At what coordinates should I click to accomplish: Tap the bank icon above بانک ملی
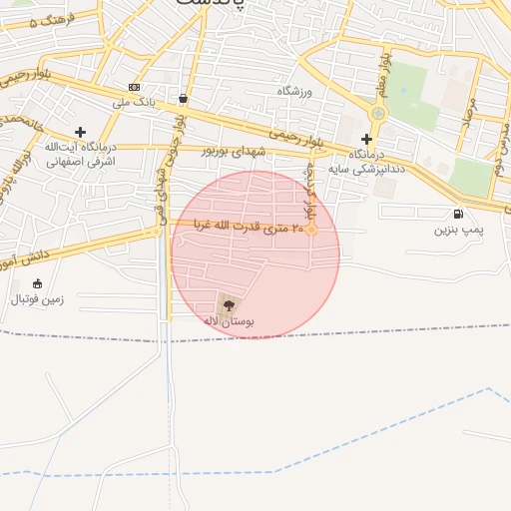pyautogui.click(x=135, y=87)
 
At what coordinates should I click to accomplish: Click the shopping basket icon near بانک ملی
pyautogui.click(x=183, y=99)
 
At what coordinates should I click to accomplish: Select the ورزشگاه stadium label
pyautogui.click(x=294, y=91)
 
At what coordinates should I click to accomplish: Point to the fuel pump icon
pyautogui.click(x=458, y=214)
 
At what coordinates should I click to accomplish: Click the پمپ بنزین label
pyautogui.click(x=458, y=230)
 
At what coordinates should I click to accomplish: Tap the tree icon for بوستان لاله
pyautogui.click(x=230, y=304)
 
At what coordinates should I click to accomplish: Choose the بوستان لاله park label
pyautogui.click(x=230, y=321)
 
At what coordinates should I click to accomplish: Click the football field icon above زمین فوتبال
pyautogui.click(x=37, y=283)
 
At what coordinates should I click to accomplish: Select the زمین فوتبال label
pyautogui.click(x=36, y=298)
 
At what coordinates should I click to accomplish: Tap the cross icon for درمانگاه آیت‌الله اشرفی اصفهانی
pyautogui.click(x=80, y=132)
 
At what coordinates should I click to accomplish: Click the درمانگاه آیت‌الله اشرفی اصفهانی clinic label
pyautogui.click(x=80, y=153)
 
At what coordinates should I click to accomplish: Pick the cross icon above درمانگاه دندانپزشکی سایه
pyautogui.click(x=367, y=139)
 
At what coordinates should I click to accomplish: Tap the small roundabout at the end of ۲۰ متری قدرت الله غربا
pyautogui.click(x=311, y=231)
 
